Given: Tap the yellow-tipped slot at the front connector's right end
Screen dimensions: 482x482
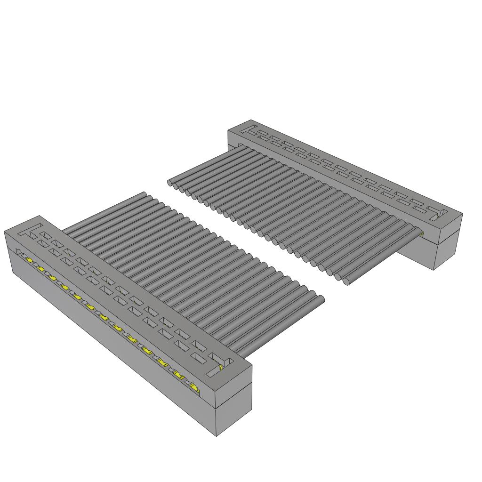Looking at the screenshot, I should (220, 366).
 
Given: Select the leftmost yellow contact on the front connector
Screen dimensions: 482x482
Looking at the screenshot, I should (29, 260).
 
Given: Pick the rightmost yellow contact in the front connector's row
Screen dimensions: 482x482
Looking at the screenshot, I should (194, 387).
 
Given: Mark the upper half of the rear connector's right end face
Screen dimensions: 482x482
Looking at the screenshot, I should (448, 227).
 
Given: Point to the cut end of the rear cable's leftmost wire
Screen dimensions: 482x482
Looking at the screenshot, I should (170, 182).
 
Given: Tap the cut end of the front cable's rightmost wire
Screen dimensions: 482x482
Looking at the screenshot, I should (322, 299).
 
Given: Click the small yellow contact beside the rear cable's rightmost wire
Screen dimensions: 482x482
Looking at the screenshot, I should (421, 233).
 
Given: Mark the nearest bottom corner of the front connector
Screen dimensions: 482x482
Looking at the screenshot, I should (216, 436).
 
